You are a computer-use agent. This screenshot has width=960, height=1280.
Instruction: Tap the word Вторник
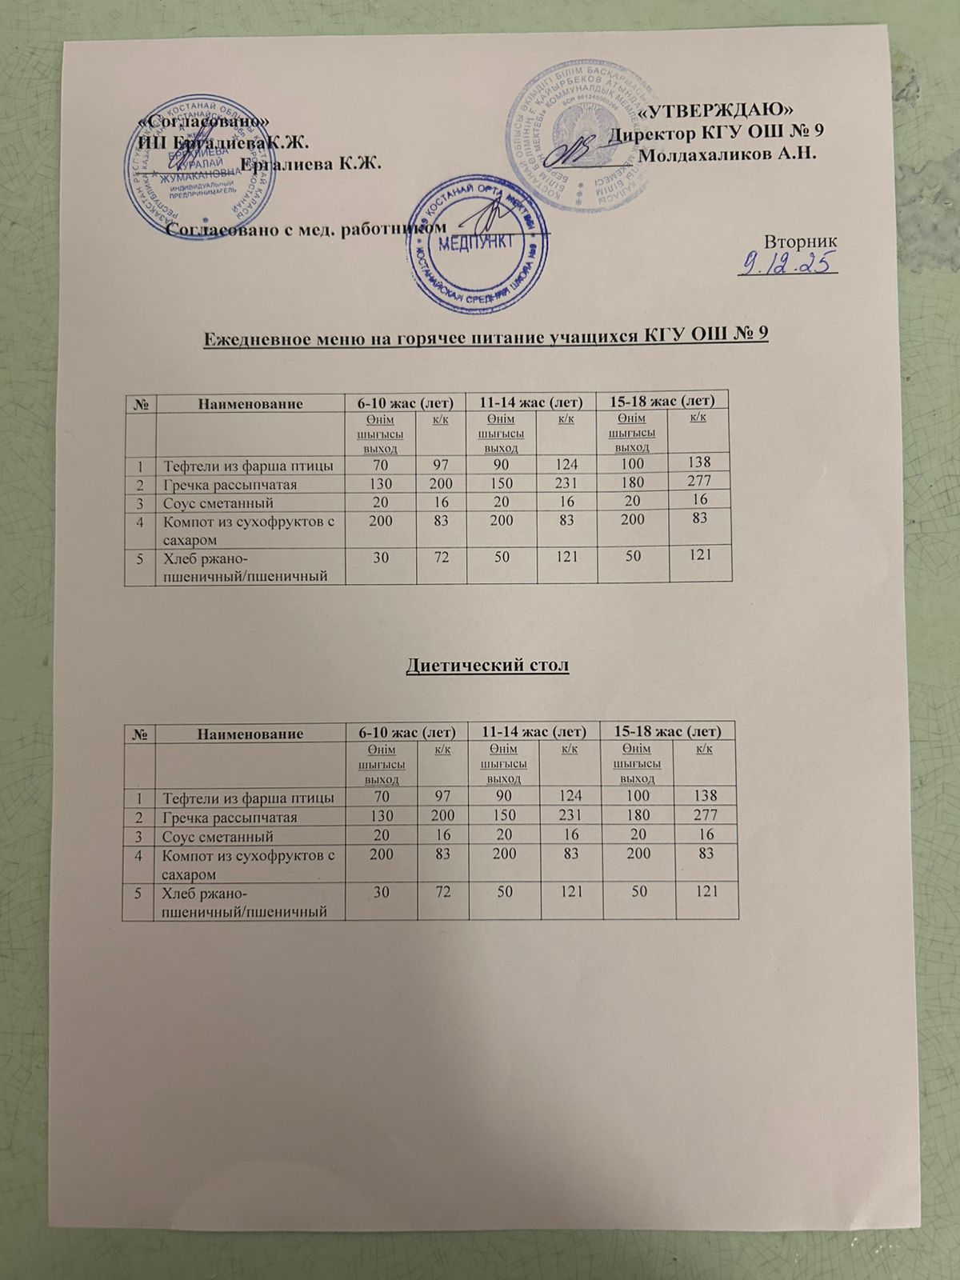(x=801, y=240)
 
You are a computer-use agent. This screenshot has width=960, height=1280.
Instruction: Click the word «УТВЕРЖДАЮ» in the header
(x=718, y=110)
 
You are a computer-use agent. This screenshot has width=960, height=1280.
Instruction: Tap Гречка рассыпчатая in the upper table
(x=230, y=485)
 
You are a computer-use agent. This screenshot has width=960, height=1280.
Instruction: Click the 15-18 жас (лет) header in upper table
(x=662, y=399)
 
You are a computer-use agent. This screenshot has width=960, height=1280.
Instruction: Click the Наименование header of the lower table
(x=250, y=733)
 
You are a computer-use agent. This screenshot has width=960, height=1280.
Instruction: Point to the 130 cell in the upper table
(x=381, y=484)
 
